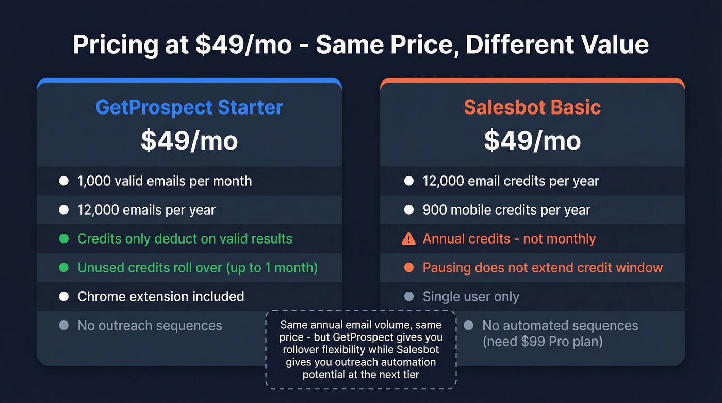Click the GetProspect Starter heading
(x=189, y=107)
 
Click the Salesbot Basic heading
(x=532, y=107)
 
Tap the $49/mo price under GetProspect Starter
(x=189, y=141)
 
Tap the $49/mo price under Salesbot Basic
(x=532, y=141)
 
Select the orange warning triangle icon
(x=408, y=239)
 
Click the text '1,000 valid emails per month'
(x=165, y=181)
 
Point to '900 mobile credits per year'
(x=506, y=210)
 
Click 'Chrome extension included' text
(x=161, y=297)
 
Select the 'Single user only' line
(x=471, y=297)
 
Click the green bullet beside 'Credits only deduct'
(x=64, y=239)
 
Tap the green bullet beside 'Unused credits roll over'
(x=64, y=268)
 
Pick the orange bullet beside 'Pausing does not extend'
(x=409, y=268)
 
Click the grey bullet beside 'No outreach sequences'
(x=64, y=326)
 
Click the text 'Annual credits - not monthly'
(x=509, y=239)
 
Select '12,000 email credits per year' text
(x=511, y=181)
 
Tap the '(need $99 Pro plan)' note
(x=543, y=342)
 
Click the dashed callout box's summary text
(x=361, y=350)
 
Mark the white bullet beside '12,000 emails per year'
(x=64, y=210)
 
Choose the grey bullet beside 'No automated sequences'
(x=468, y=326)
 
